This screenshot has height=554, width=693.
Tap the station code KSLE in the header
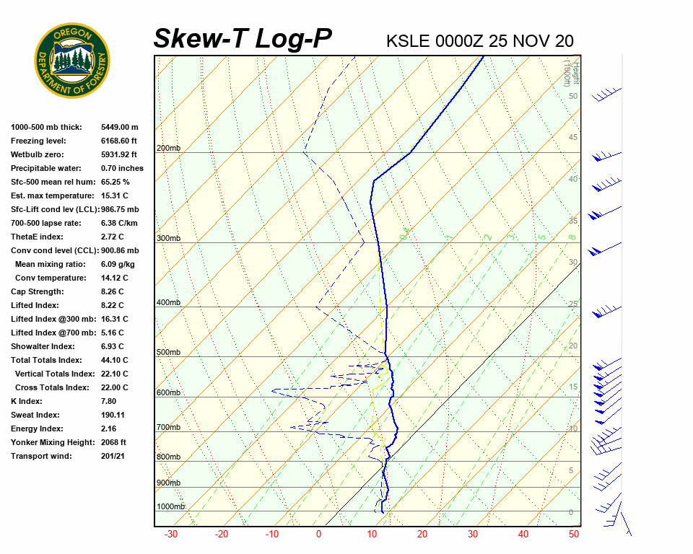409,40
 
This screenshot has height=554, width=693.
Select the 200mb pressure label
168,149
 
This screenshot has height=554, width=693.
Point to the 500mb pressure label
168,353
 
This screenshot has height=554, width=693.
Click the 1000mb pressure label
170,507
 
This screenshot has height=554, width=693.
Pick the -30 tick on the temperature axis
171,535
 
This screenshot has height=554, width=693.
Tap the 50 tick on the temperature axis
574,535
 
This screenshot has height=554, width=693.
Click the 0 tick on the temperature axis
318,535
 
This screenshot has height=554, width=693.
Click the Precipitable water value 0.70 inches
122,168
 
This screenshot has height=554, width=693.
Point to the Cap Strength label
38,291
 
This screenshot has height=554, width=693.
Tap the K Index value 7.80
110,401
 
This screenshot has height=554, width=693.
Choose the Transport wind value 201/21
114,456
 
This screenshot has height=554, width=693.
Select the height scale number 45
573,138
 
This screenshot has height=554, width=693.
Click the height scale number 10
573,429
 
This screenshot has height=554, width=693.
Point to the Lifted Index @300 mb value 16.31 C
115,319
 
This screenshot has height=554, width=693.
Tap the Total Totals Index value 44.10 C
115,360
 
